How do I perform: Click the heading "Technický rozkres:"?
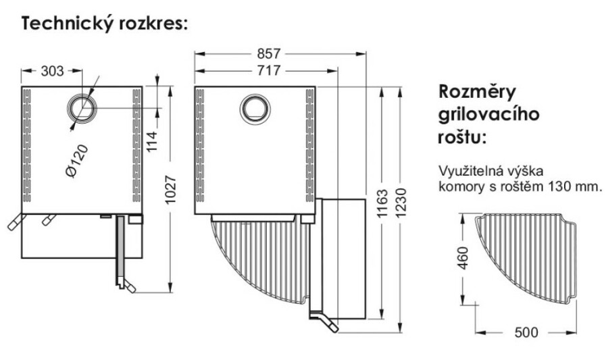pos(105,24)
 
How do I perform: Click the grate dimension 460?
pos(462,257)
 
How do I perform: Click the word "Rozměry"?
pos(478,91)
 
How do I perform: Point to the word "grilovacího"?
pos(490,114)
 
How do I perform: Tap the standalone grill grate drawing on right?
pos(527,257)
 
